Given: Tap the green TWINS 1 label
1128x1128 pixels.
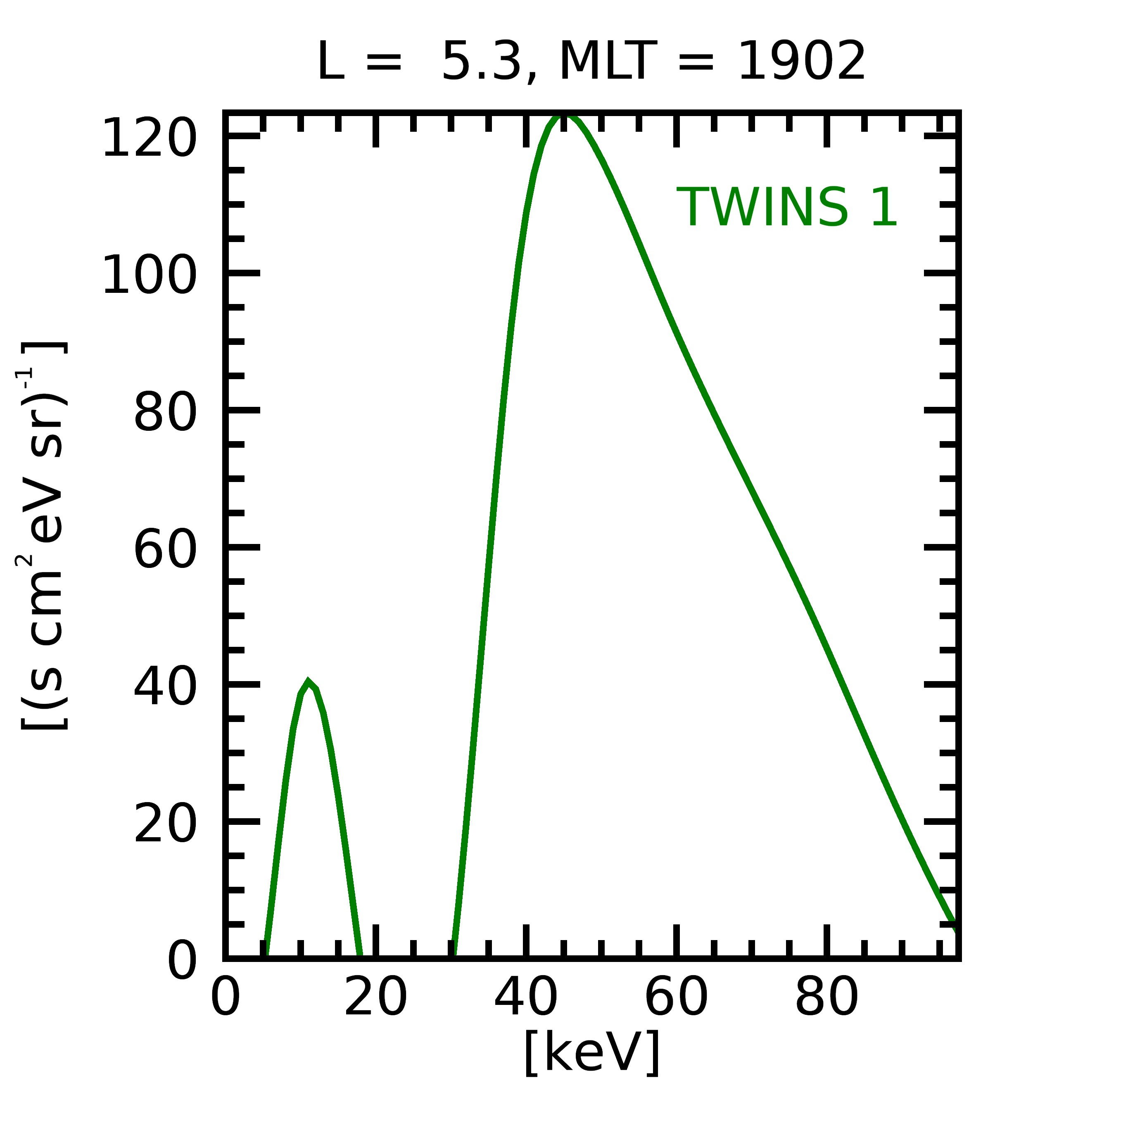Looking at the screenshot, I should point(786,207).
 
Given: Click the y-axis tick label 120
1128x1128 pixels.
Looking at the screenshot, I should point(150,138).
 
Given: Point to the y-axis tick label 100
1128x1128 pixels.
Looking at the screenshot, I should point(150,275).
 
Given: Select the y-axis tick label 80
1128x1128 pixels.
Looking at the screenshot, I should point(165,413).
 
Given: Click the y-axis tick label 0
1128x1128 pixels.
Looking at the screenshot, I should point(182,960).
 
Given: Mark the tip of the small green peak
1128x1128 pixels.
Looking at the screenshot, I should point(308,682).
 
